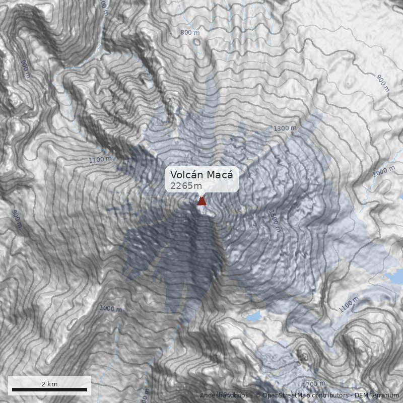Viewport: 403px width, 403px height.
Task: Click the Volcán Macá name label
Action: pyautogui.click(x=201, y=175)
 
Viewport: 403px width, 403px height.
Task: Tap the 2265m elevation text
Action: pyautogui.click(x=186, y=186)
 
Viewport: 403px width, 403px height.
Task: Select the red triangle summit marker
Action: pyautogui.click(x=201, y=201)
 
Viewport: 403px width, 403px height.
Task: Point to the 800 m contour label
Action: pyautogui.click(x=189, y=33)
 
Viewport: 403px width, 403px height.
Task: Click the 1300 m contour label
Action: pyautogui.click(x=285, y=128)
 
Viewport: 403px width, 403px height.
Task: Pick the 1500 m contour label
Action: pyautogui.click(x=274, y=220)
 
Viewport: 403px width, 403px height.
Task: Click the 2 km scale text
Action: pyautogui.click(x=49, y=384)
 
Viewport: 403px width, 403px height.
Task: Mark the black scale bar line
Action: pyautogui.click(x=49, y=389)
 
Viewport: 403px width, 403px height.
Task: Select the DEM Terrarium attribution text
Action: pyautogui.click(x=377, y=395)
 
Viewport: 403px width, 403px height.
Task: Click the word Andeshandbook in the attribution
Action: pyautogui.click(x=225, y=395)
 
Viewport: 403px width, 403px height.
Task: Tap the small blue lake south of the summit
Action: pyautogui.click(x=253, y=316)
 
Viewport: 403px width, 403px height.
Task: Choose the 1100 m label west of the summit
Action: pyautogui.click(x=100, y=160)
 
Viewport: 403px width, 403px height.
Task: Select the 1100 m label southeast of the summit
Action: pyautogui.click(x=349, y=304)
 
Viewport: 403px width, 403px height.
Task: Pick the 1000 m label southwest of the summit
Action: pyautogui.click(x=110, y=308)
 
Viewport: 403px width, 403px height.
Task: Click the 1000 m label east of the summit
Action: pyautogui.click(x=383, y=171)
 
